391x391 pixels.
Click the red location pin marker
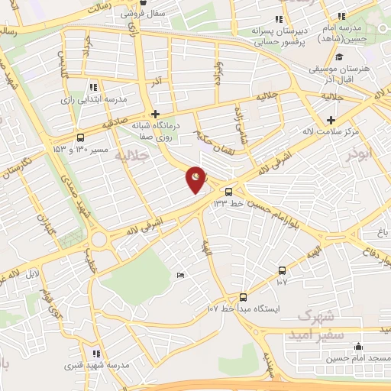[196, 179]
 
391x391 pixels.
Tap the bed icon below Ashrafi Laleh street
[179, 276]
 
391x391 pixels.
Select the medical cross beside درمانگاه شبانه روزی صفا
[155, 113]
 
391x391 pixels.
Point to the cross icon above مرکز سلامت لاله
[331, 120]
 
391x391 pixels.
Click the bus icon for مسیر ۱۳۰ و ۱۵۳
[81, 138]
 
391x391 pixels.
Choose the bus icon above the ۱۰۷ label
[283, 270]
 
